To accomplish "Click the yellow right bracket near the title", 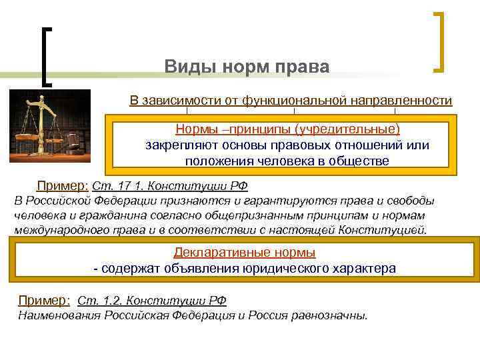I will coord(439,41).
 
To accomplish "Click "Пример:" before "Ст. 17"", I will coord(62,186).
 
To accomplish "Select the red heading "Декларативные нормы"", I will coord(244,253).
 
